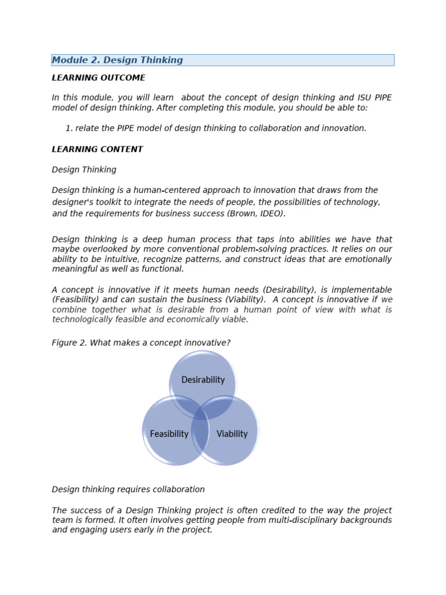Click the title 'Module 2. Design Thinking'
(x=117, y=60)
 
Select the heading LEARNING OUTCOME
(x=98, y=78)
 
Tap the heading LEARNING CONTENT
(x=97, y=149)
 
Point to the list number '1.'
(x=69, y=128)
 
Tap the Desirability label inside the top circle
(x=203, y=380)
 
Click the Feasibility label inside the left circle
(x=169, y=434)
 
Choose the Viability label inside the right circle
(x=232, y=434)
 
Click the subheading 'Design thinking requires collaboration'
(x=128, y=490)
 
